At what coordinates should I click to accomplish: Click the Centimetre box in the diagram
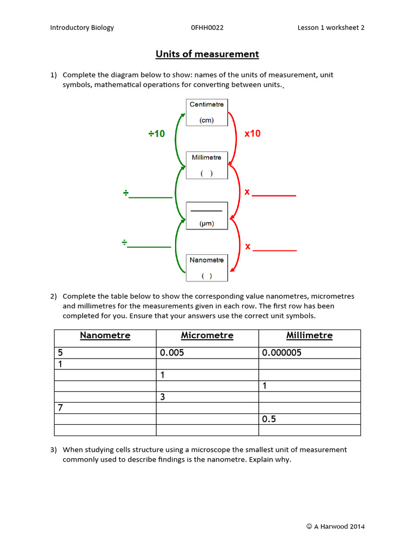point(206,112)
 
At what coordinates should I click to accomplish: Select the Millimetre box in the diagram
point(206,165)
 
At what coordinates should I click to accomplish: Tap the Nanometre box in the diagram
point(206,268)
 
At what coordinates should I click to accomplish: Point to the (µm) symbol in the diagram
point(206,223)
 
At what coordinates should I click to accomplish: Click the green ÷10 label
point(157,134)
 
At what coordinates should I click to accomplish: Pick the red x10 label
point(252,134)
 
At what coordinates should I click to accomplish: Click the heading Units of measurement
point(207,54)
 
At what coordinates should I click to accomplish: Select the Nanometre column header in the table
point(105,335)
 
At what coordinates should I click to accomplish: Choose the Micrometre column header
point(207,335)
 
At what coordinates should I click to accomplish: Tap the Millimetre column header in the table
point(310,335)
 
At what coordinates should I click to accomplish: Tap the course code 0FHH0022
point(207,28)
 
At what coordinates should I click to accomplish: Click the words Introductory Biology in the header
point(82,28)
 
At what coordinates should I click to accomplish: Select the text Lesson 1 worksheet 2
point(331,28)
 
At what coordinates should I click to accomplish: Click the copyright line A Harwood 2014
point(335,526)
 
